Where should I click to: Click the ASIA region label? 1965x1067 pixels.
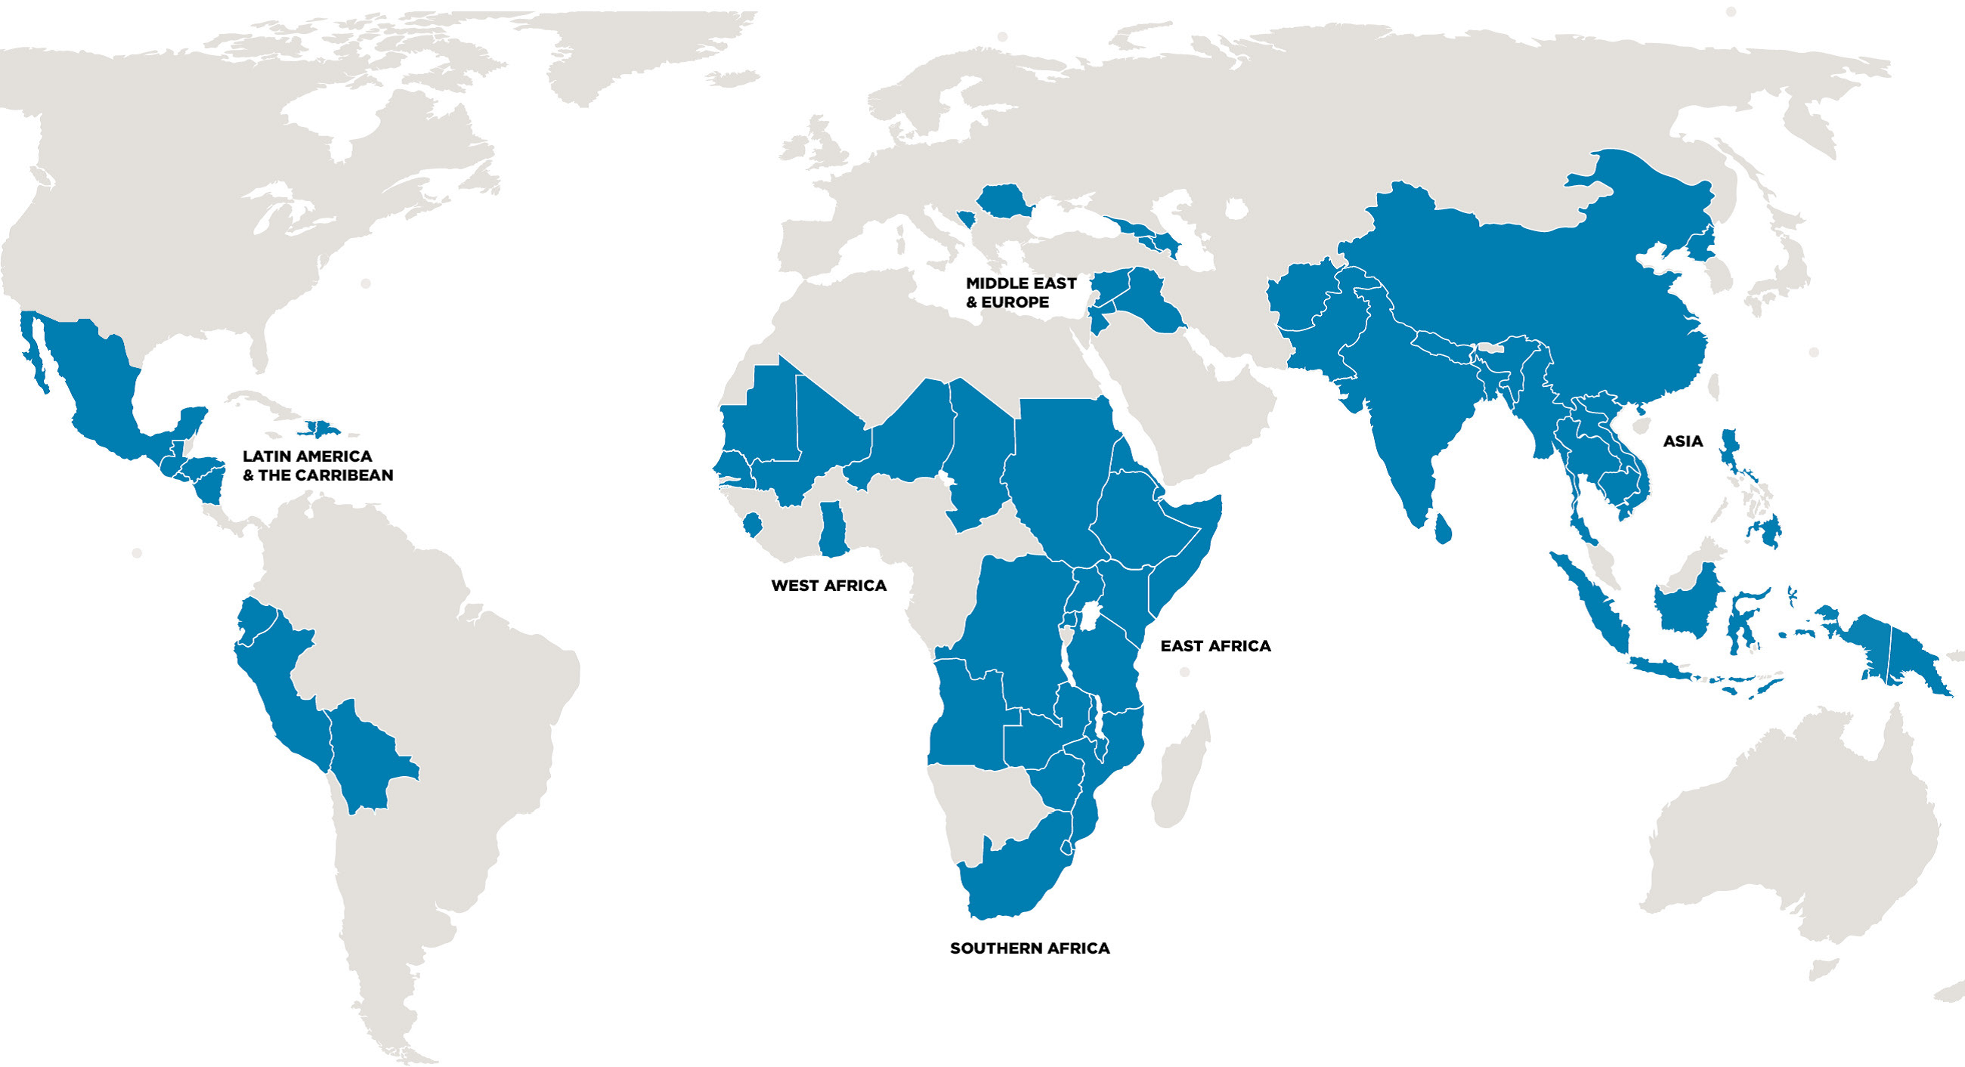1682,441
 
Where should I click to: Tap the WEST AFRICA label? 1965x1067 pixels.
828,586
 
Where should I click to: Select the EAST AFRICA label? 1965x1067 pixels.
1215,646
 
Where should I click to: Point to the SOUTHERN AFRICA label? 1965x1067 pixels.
1029,948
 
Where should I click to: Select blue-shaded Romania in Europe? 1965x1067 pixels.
1002,200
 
